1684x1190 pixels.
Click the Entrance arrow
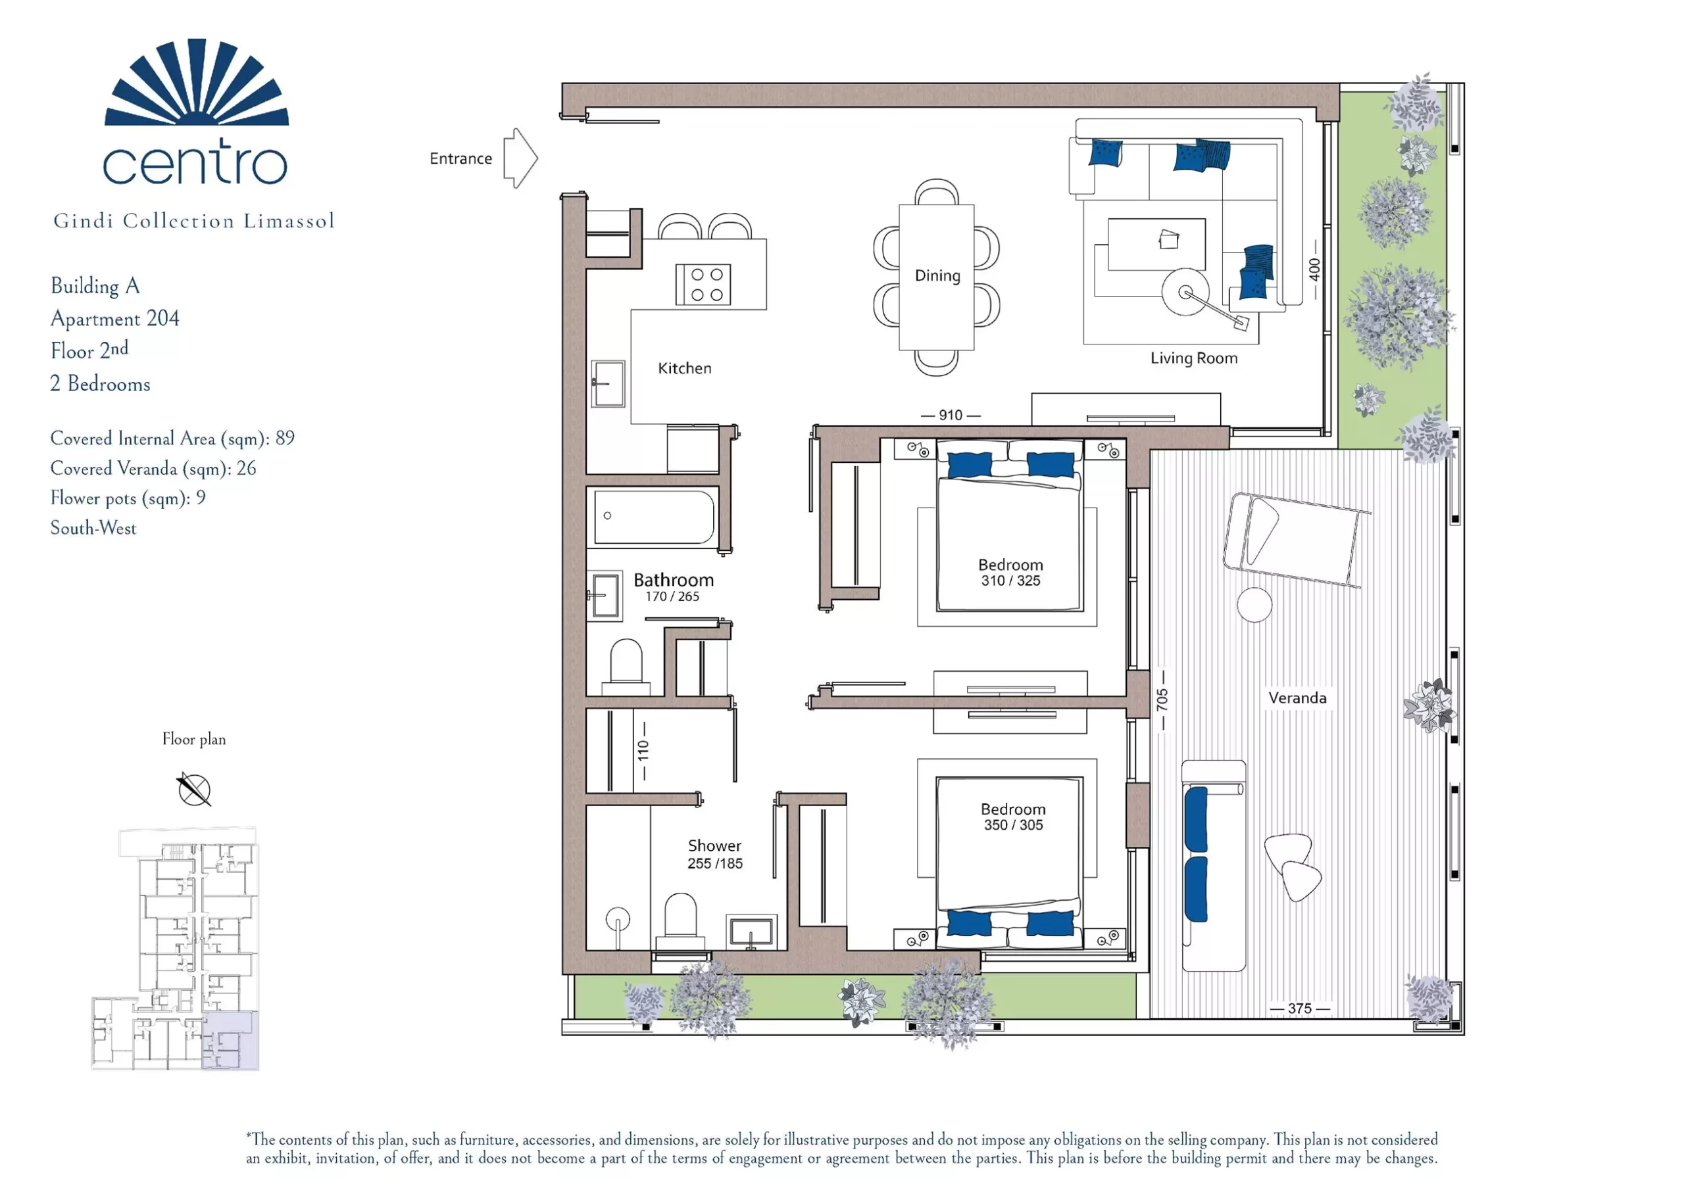pos(520,158)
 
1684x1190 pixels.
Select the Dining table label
pos(937,275)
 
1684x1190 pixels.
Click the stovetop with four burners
pos(703,285)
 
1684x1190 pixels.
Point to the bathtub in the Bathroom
pos(653,517)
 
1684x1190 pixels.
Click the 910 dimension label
pos(951,415)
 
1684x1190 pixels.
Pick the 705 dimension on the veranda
pos(1162,700)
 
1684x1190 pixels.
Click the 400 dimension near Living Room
pos(1314,269)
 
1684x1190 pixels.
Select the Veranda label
pos(1297,698)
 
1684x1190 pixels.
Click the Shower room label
pos(714,845)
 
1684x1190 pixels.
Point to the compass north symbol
pos(194,790)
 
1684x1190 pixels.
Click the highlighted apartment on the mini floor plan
pos(230,1039)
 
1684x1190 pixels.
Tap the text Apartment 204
pos(115,318)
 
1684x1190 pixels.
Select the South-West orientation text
pos(93,528)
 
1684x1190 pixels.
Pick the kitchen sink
pos(608,383)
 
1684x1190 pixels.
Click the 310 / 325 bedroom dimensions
pos(1010,581)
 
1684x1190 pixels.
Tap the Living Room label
pos(1193,358)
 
